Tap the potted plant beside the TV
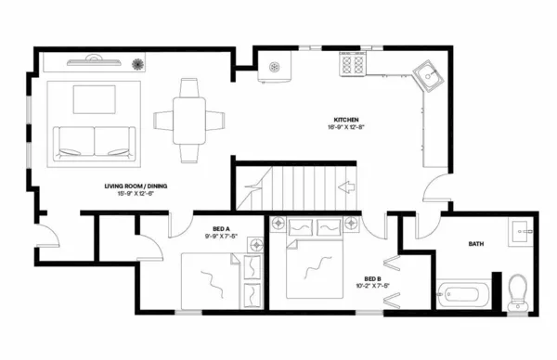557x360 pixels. tap(138, 65)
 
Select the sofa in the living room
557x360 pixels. tap(94, 140)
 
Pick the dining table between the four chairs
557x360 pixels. tap(188, 120)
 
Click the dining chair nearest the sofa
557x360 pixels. tap(160, 120)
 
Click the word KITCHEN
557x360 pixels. tap(348, 120)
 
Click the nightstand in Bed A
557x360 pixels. tap(258, 244)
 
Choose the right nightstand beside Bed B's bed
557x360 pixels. tap(351, 224)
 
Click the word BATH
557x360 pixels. tap(475, 244)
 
